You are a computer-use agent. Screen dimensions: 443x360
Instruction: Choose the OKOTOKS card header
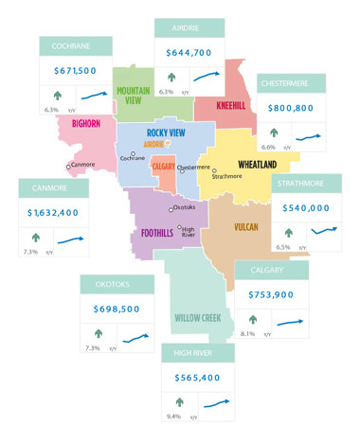coord(118,284)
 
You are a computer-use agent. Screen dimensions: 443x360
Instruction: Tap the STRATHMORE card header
coord(306,184)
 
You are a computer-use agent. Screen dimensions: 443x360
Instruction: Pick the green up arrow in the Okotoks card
coord(99,333)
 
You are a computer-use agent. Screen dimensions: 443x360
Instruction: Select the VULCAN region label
coord(246,228)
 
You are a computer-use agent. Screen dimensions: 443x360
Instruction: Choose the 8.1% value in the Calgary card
coord(248,333)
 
